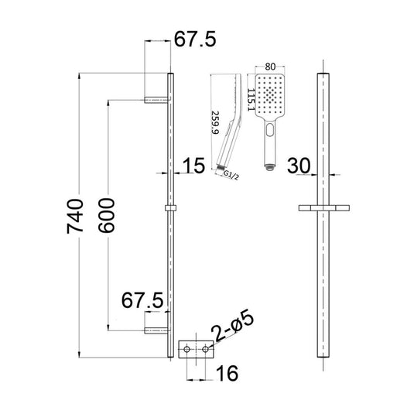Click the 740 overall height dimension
click(x=75, y=217)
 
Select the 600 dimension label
click(x=106, y=215)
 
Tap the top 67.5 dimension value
click(x=195, y=39)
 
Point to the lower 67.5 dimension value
click(x=142, y=300)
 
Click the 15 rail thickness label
click(x=193, y=166)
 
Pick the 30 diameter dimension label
click(x=299, y=166)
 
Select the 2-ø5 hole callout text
click(x=233, y=327)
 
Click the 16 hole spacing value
click(x=227, y=373)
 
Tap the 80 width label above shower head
click(x=270, y=67)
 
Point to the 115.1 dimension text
click(x=251, y=100)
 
